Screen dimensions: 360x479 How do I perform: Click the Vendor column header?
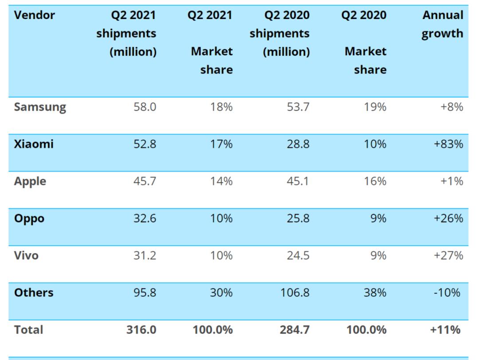pos(35,15)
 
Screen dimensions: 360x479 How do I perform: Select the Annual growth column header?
pos(442,24)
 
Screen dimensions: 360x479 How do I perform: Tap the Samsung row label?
pos(40,107)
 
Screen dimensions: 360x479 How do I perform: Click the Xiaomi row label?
pos(34,144)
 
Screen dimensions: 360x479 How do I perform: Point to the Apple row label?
pos(30,181)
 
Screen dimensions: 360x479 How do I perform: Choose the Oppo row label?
pos(29,219)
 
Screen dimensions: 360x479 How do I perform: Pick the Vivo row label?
pos(26,255)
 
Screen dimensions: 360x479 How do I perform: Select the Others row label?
pos(34,293)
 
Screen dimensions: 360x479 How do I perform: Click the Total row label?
pos(28,330)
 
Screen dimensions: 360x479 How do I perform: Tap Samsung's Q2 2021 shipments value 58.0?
pos(145,107)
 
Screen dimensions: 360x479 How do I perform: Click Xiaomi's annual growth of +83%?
pos(448,144)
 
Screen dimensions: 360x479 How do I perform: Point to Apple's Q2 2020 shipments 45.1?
pos(298,181)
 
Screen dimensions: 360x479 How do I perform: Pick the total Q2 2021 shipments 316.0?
pos(141,330)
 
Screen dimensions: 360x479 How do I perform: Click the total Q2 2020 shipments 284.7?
pos(294,330)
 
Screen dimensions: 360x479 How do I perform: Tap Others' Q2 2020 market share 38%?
pos(375,293)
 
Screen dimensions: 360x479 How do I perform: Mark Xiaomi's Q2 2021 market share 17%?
pos(221,144)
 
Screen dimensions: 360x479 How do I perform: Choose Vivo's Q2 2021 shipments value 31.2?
pos(145,255)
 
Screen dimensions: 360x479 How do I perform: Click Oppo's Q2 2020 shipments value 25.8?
pos(298,219)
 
